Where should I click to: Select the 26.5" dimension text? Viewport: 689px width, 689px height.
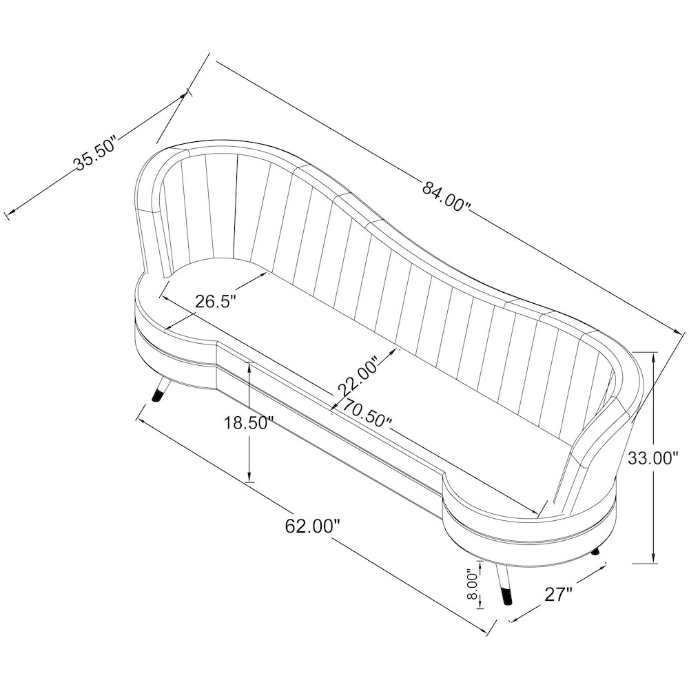(216, 302)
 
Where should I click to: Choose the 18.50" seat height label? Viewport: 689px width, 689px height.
(249, 423)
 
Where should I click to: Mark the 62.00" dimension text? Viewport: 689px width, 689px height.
(313, 526)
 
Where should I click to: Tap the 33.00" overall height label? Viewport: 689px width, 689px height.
(653, 458)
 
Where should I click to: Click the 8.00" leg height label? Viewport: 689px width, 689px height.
(472, 584)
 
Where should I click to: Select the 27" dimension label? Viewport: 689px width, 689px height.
(559, 595)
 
